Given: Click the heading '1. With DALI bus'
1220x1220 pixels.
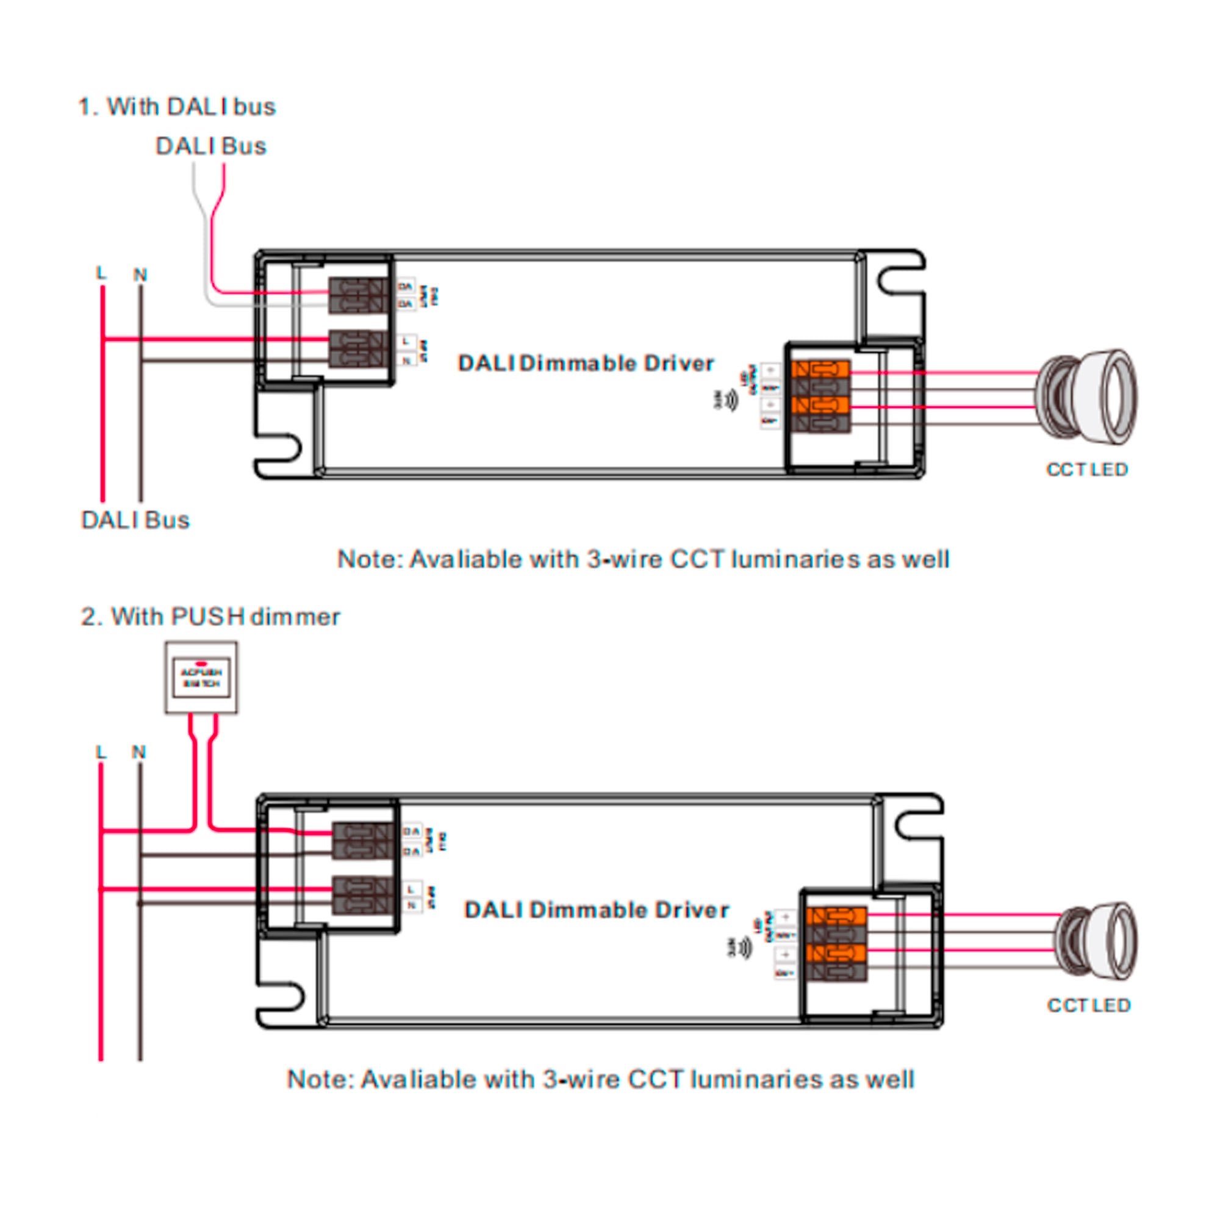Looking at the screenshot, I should click(176, 107).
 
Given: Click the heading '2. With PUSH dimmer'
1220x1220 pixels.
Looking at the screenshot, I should click(210, 616).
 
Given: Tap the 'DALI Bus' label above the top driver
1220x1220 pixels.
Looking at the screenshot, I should click(210, 146).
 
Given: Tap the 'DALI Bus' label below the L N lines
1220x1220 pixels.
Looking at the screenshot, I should click(135, 520).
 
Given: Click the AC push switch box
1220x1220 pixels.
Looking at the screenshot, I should click(201, 678).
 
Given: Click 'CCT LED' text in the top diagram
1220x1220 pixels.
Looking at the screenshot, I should click(1087, 469).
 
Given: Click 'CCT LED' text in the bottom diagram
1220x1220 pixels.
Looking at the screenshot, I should click(1089, 1005).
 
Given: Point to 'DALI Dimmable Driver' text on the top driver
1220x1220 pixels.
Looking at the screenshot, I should click(586, 363).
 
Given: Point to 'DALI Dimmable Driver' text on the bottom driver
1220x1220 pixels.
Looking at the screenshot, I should click(596, 910).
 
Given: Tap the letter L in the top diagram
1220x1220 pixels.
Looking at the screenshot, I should click(101, 273).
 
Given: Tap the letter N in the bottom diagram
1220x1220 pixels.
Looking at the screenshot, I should click(138, 752).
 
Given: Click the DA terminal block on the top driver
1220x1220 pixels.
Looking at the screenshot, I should click(358, 295).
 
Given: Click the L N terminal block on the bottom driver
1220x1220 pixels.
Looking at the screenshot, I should click(362, 895).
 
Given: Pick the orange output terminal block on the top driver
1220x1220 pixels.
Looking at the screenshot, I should click(821, 396).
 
